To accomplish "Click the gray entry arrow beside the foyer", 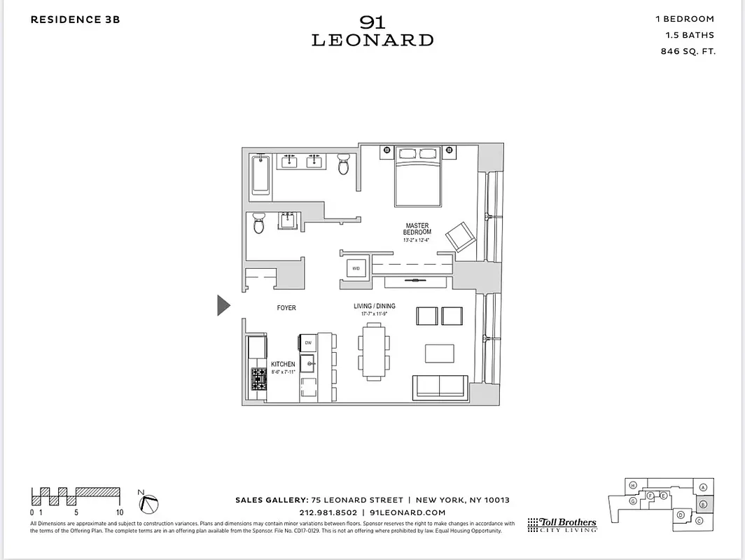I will click(x=223, y=305).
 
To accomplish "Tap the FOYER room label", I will click(x=286, y=308).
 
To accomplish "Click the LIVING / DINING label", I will click(x=375, y=307).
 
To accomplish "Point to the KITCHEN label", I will click(x=283, y=365).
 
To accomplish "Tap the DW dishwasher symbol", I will click(x=308, y=342).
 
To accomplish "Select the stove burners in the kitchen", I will click(x=257, y=378).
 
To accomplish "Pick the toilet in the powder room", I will click(x=258, y=224).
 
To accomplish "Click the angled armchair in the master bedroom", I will click(x=461, y=237).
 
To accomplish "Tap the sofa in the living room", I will click(x=440, y=386).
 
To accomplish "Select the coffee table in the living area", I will click(x=439, y=353).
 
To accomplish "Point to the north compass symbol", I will click(x=149, y=503).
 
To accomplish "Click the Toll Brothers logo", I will click(x=562, y=525).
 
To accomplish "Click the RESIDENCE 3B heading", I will click(x=75, y=20).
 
